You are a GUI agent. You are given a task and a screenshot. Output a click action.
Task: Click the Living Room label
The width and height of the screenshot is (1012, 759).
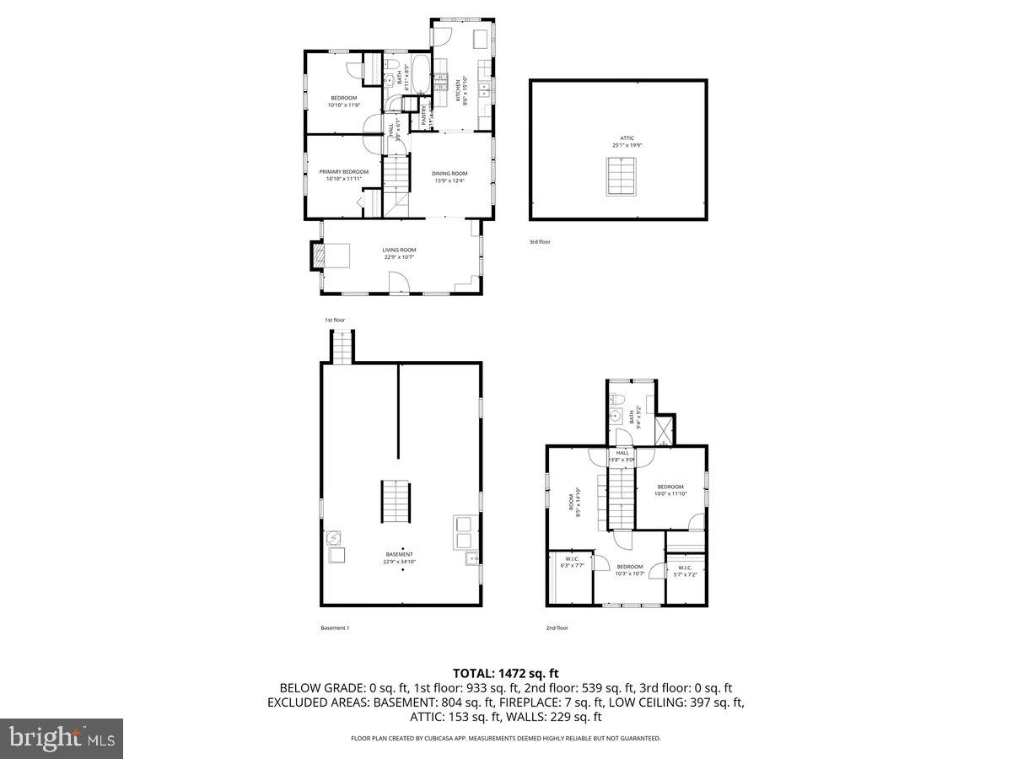click(399, 253)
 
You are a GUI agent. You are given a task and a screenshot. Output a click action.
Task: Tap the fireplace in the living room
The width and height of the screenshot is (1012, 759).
click(317, 256)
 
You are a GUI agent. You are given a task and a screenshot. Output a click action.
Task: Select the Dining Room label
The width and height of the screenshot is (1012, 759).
click(450, 177)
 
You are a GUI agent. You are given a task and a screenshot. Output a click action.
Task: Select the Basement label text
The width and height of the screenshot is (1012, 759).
click(399, 557)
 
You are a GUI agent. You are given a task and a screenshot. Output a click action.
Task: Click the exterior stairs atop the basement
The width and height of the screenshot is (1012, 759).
click(341, 347)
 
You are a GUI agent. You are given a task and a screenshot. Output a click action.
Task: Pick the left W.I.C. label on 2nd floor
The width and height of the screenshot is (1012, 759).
click(572, 563)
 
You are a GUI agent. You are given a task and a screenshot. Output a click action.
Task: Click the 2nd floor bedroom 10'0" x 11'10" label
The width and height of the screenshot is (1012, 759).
click(670, 490)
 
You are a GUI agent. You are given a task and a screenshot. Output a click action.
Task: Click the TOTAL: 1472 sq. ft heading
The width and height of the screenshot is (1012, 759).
click(506, 673)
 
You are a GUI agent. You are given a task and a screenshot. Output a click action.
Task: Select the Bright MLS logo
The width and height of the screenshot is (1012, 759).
click(62, 739)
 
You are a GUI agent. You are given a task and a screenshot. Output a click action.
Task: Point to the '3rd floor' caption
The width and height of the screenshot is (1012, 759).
click(540, 242)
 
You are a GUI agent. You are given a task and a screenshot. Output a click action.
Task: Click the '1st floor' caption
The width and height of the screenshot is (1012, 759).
click(335, 320)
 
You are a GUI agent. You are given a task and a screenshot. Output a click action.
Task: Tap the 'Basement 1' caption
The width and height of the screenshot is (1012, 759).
click(335, 627)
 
